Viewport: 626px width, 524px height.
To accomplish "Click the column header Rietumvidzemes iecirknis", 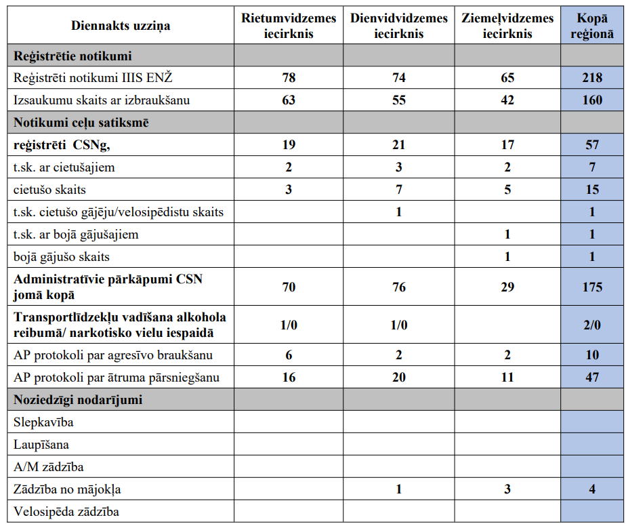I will [289, 26].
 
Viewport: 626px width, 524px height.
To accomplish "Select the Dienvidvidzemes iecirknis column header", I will [398, 26].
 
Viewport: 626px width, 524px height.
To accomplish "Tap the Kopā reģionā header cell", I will [591, 26].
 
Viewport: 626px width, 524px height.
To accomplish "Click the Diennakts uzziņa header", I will [121, 26].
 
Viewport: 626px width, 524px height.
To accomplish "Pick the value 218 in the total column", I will [591, 78].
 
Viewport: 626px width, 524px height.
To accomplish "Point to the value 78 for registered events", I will [289, 78].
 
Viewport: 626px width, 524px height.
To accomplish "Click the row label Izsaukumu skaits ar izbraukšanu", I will [102, 100].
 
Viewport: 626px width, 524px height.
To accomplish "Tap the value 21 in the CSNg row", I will [398, 145].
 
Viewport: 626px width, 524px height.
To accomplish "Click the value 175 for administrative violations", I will [591, 287].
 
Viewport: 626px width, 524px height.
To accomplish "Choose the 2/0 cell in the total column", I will [591, 325].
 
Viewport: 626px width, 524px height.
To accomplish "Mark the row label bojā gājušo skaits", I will [62, 257].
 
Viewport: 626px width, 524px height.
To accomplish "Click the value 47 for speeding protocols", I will [591, 378].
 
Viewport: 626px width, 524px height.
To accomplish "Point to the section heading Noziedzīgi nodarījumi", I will [78, 400].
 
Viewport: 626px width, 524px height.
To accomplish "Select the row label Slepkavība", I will [43, 422].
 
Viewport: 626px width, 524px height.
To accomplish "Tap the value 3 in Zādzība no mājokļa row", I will [507, 489].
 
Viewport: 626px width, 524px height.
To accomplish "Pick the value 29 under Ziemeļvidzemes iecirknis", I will [507, 287].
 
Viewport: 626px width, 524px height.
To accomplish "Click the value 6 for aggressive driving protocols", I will [289, 355].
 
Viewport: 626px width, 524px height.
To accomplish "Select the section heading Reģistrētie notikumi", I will [72, 56].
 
